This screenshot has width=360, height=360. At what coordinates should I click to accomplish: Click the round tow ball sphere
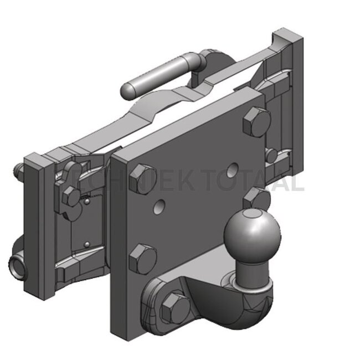tap(252, 233)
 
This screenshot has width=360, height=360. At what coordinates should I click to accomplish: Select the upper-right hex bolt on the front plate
tap(256, 121)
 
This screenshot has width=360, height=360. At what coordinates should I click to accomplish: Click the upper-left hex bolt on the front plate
tap(142, 178)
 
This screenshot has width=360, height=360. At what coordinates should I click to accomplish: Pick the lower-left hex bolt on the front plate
tap(142, 259)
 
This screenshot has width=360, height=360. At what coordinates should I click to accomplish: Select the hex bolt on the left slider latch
tap(71, 196)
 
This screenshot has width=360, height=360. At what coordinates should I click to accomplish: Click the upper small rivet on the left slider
tap(88, 202)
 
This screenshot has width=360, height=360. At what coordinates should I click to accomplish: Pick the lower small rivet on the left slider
tap(86, 244)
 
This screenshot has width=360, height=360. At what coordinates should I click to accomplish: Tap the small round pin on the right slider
tap(271, 156)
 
